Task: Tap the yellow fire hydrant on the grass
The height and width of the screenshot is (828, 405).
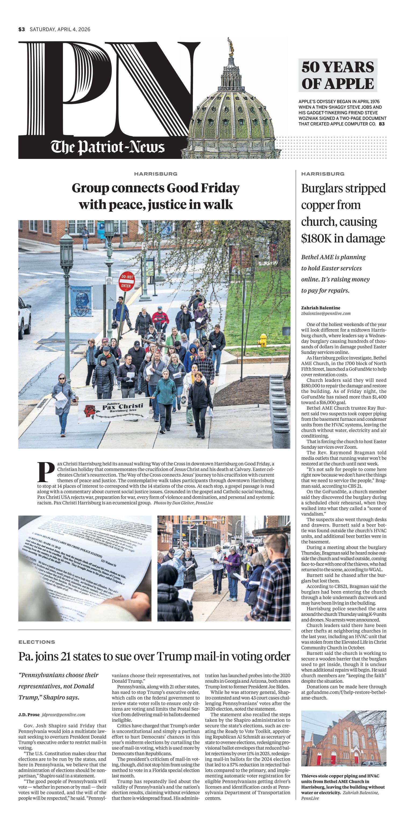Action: coord(263,340)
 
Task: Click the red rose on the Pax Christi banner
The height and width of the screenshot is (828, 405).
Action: coord(89,411)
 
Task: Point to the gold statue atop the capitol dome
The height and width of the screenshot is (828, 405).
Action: coord(230,45)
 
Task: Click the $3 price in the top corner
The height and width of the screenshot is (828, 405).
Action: coord(21,29)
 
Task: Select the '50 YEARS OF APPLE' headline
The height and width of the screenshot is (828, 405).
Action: coord(338,75)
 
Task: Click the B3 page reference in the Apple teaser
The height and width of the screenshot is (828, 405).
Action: coord(382,124)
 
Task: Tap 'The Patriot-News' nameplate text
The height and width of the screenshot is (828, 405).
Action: coord(108,147)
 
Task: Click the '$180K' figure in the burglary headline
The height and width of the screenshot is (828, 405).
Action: coord(316,238)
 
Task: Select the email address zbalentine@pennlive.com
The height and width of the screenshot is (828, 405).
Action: coord(325,313)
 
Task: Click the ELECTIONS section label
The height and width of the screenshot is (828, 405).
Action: coord(37,642)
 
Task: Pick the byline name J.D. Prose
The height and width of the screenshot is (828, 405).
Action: coord(29,714)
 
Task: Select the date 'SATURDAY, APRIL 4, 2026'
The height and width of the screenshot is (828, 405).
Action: coord(60,29)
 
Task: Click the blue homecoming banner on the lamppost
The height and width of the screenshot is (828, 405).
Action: coord(81,301)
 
